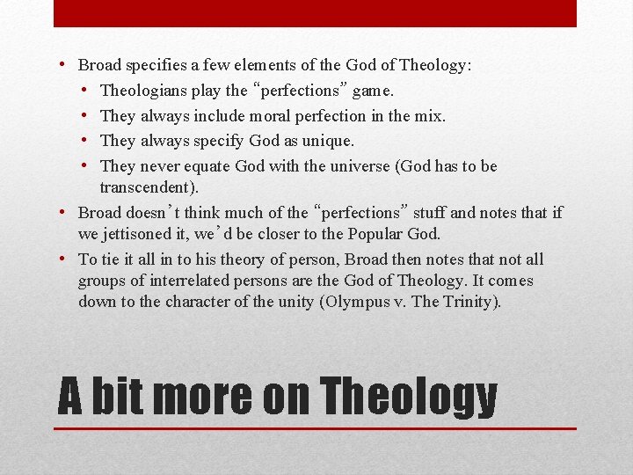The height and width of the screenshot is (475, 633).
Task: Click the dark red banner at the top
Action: click(315, 13)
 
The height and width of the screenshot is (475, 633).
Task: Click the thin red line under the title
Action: click(315, 428)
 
